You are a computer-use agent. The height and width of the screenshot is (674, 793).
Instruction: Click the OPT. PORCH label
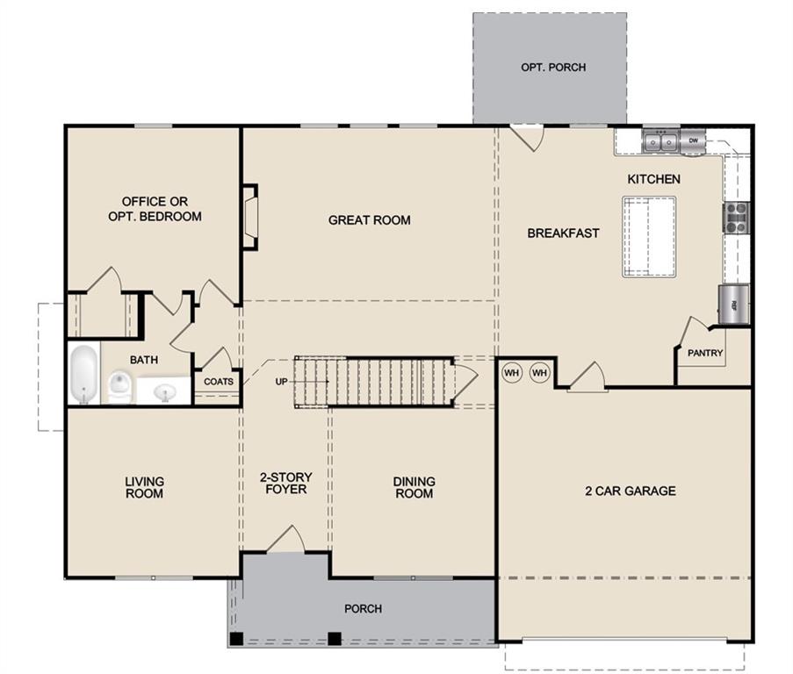coord(552,67)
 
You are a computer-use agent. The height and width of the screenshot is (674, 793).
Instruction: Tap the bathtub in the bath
coord(83,374)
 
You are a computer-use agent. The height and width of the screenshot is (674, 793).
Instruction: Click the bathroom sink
coord(164,391)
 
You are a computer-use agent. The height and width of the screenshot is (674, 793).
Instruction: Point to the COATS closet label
coord(219,382)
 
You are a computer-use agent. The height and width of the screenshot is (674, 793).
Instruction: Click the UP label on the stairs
coord(281,382)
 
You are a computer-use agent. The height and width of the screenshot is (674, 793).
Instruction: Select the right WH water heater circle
coord(539,373)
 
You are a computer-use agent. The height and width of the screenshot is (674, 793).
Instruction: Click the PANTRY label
coord(705,354)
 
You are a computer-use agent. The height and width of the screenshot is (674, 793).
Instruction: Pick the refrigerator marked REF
coord(734,305)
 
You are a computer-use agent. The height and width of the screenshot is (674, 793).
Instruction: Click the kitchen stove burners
coord(735,216)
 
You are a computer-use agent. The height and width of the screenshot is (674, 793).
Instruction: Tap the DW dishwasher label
coord(693,140)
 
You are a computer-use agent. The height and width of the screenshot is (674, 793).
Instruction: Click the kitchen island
coord(650,236)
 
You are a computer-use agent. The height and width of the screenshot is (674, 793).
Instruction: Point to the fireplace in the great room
coord(250,217)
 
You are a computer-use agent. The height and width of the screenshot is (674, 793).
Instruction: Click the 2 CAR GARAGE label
coord(630,491)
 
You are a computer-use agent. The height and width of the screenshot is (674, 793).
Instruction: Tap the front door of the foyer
coord(285,541)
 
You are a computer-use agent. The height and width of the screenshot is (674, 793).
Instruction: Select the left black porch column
coord(236,637)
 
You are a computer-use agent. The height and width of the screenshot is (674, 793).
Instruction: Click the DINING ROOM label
coord(414,487)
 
